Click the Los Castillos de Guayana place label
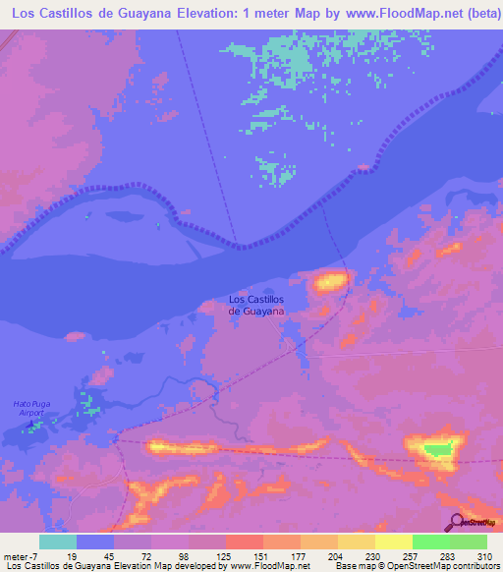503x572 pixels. click(256, 305)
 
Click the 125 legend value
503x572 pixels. click(225, 556)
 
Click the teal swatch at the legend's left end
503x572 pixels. click(58, 542)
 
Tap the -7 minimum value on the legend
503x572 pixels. click(36, 556)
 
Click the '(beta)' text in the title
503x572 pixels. click(473, 15)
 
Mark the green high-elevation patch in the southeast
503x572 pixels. click(437, 450)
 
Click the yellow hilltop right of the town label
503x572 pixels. click(330, 283)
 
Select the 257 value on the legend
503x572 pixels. click(412, 556)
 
